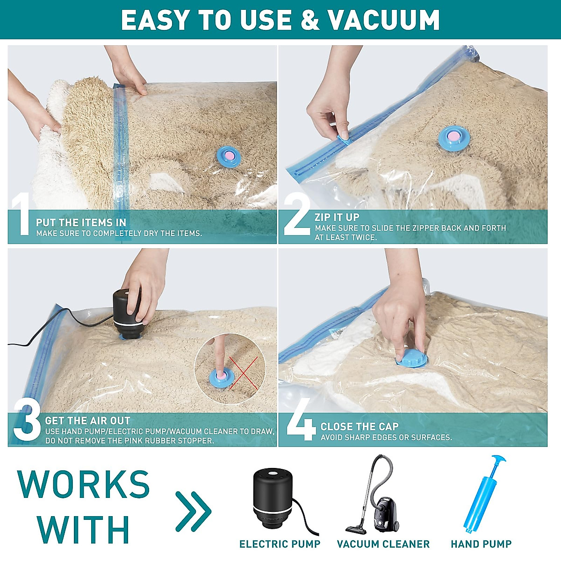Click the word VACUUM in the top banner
pos(383,20)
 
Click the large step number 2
pos(296,216)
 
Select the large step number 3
pos(27,422)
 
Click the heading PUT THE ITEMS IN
pos(81,223)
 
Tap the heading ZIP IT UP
pos(337,217)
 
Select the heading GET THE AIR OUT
pos(87,420)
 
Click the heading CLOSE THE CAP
pos(359,426)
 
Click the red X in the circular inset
pos(243,373)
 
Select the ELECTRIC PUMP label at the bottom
pos(280,544)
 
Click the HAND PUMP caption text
pos(481,544)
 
